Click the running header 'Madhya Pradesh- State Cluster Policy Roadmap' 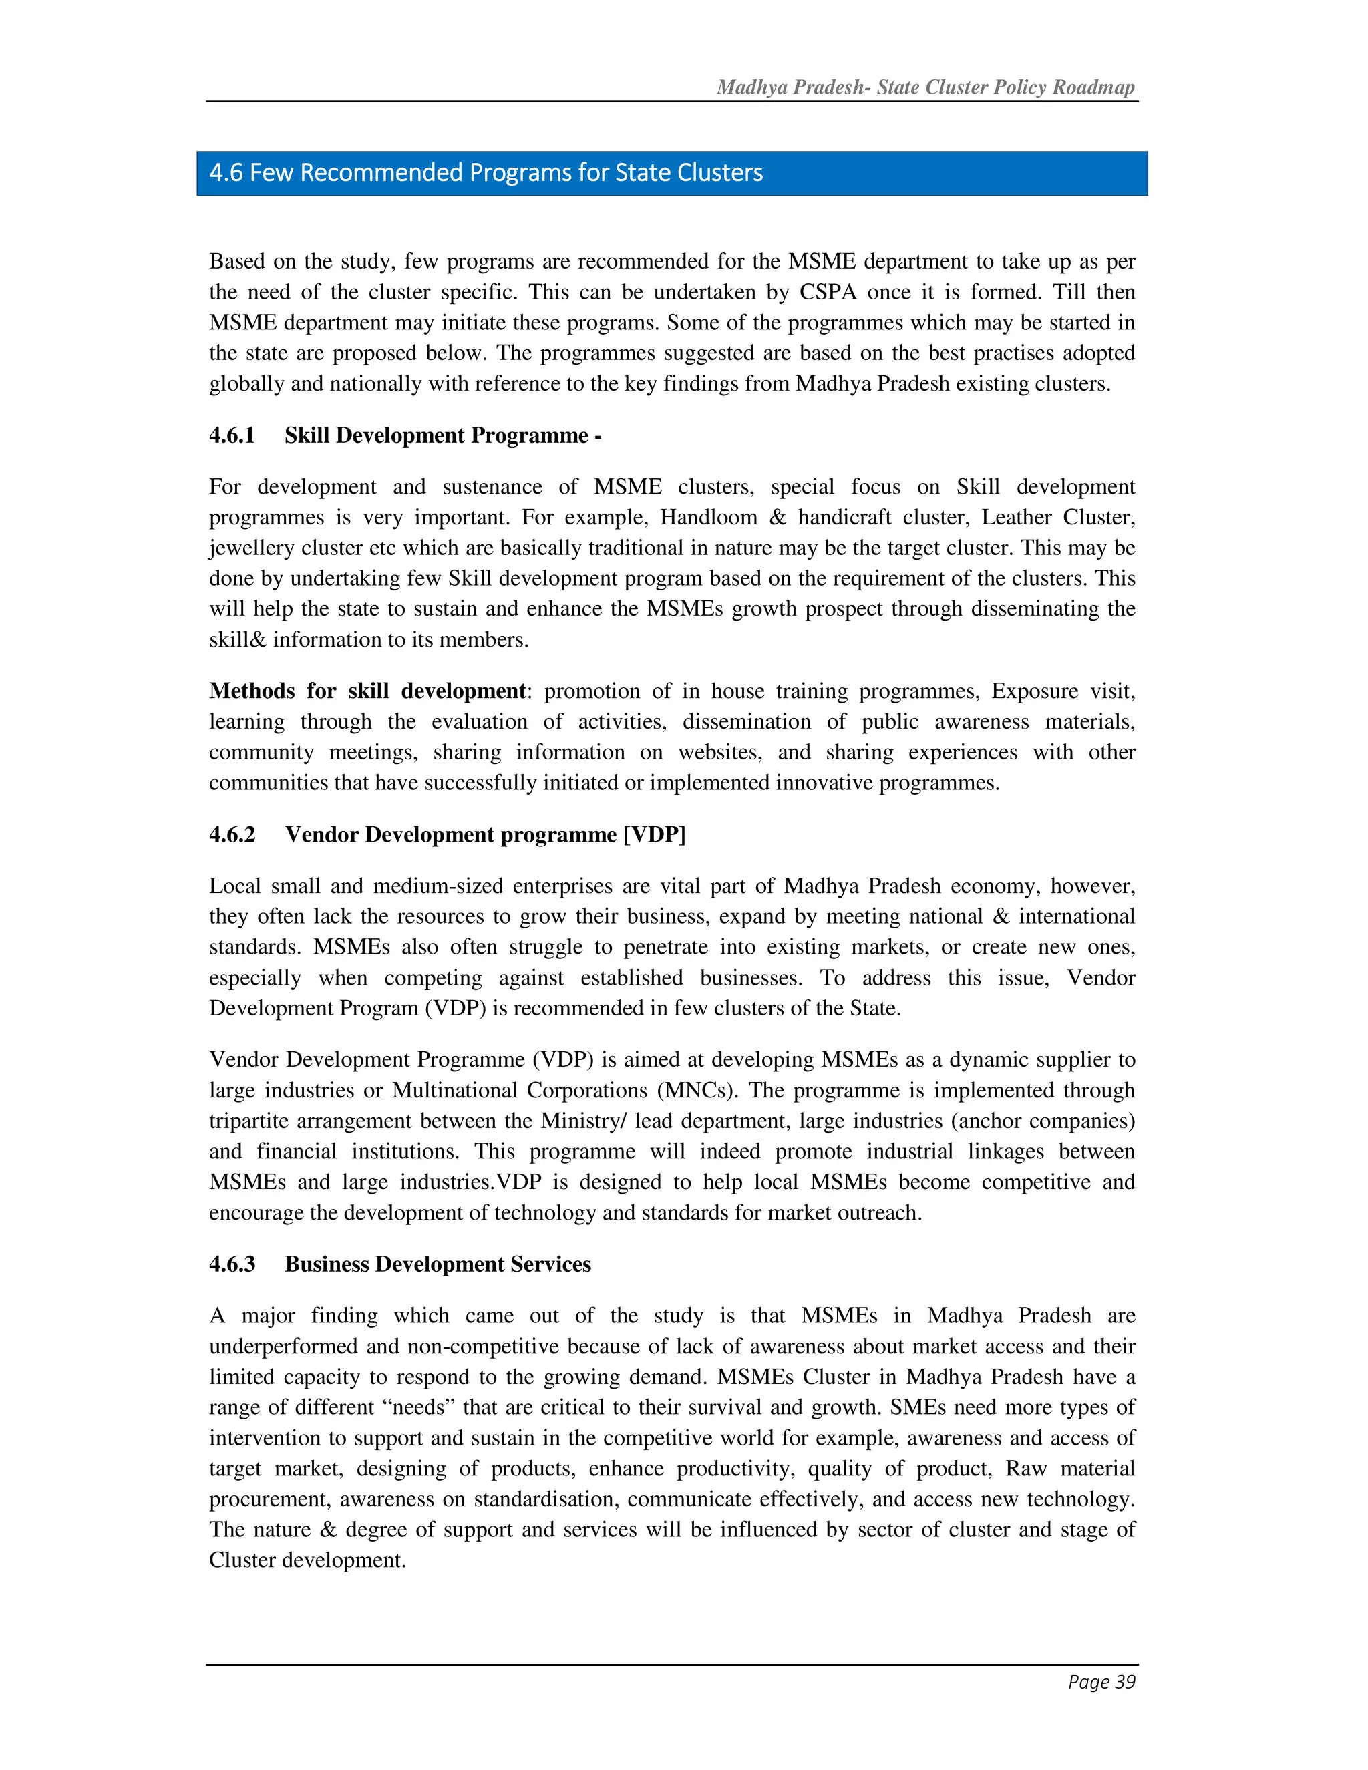(x=926, y=87)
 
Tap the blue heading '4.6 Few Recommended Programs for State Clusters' (x=486, y=172)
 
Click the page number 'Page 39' (x=1101, y=1682)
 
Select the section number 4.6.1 (x=232, y=436)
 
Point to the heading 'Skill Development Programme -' (x=442, y=436)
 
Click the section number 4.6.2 (x=232, y=835)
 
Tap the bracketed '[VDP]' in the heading (x=654, y=835)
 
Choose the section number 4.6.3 (x=232, y=1264)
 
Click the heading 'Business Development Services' (x=438, y=1264)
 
